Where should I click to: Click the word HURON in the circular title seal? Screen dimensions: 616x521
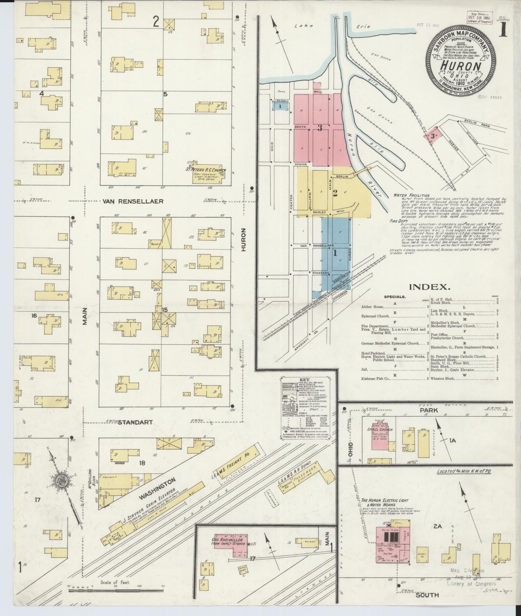click(x=461, y=66)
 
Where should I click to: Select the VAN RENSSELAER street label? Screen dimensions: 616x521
click(x=133, y=201)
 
